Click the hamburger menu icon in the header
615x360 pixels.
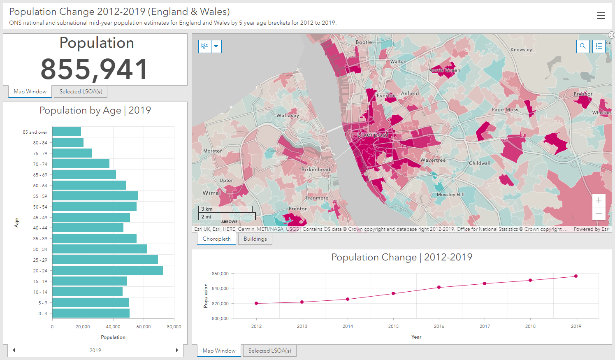pos(601,16)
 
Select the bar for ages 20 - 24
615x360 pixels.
pos(107,270)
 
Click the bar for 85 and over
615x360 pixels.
pos(67,132)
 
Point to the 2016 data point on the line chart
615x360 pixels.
pos(439,287)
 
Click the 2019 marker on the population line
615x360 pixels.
pos(576,276)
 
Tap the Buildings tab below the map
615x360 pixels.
pos(255,239)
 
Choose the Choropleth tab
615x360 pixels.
pos(216,239)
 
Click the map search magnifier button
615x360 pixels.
pos(583,46)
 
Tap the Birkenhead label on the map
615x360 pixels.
pos(316,170)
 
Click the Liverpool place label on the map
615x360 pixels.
pos(373,135)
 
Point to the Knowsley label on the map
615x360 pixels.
pos(521,50)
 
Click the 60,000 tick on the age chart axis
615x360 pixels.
pos(144,327)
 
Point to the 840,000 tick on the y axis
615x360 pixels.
pos(220,288)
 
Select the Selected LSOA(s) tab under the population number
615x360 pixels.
pos(81,92)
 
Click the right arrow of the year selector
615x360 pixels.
pos(177,350)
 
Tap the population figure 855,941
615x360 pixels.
pos(95,69)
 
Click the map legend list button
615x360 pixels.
pos(599,46)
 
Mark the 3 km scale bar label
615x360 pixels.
pos(207,209)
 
